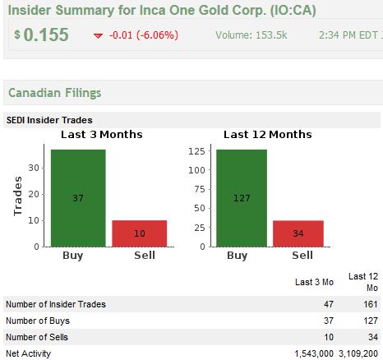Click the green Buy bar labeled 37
(78, 198)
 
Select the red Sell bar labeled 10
(140, 233)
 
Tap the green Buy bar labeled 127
(242, 198)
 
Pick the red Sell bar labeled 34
(298, 233)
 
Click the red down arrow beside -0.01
(98, 35)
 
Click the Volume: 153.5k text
(251, 35)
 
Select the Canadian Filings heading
(55, 93)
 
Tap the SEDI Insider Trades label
(49, 120)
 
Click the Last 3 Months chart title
(102, 135)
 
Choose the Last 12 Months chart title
(268, 135)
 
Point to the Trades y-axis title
(18, 196)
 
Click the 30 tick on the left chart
(34, 168)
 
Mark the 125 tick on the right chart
(196, 151)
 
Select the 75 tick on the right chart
(200, 189)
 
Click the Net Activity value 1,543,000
(314, 353)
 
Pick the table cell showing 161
(371, 304)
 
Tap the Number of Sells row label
(37, 337)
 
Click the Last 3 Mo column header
(314, 282)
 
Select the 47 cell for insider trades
(329, 304)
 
